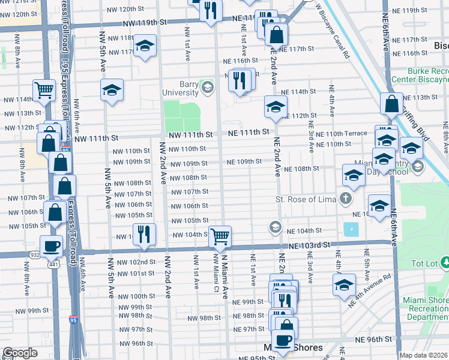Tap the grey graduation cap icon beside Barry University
click(208, 88)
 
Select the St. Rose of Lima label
click(305, 199)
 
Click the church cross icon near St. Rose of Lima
click(346, 197)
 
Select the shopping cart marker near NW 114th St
click(44, 91)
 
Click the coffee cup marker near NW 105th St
click(52, 245)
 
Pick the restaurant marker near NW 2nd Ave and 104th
click(144, 234)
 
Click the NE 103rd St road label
click(309, 245)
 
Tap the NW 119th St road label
click(145, 22)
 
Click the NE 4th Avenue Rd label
click(368, 286)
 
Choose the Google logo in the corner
click(20, 353)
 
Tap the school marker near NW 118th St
click(144, 47)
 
